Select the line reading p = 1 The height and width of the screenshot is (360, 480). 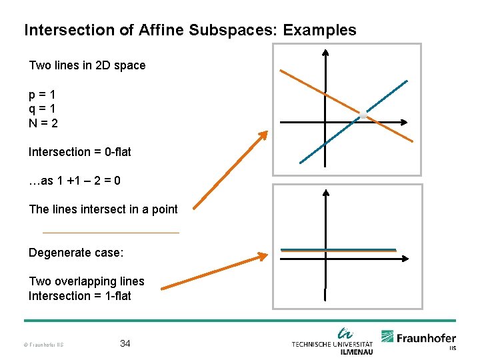[x=42, y=94]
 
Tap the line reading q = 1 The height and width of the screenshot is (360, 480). [x=42, y=108]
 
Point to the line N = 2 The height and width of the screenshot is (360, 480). [x=43, y=123]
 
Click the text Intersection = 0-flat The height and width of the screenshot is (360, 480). [x=80, y=152]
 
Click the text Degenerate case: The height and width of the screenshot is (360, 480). [x=76, y=253]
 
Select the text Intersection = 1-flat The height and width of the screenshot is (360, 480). [x=80, y=296]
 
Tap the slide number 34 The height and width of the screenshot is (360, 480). [x=125, y=343]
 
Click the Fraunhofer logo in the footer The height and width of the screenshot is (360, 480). [x=418, y=339]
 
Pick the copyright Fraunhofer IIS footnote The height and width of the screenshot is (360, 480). [x=43, y=345]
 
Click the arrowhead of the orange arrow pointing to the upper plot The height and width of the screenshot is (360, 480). [x=263, y=134]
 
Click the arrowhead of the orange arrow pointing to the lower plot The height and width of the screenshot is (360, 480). [x=263, y=255]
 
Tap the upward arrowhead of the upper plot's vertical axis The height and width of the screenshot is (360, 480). [x=325, y=53]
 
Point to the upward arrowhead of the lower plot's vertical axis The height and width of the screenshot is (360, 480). [x=325, y=193]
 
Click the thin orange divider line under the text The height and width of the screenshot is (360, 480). [x=111, y=232]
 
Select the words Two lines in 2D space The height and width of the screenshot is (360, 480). [x=87, y=65]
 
